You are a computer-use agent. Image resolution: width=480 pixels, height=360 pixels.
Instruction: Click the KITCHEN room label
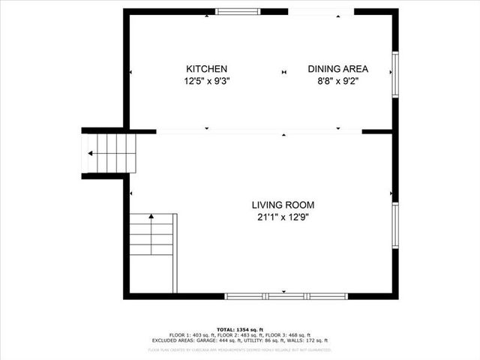point(206,69)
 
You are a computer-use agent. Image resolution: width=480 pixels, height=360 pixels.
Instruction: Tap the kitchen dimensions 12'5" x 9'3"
point(206,81)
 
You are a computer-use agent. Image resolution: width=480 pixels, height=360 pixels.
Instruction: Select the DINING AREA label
point(338,69)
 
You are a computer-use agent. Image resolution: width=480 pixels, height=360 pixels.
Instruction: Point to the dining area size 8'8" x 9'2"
point(338,81)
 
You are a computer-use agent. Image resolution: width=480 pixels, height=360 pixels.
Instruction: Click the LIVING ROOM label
point(283,205)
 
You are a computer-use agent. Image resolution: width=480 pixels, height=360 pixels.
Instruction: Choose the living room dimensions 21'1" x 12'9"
point(283,217)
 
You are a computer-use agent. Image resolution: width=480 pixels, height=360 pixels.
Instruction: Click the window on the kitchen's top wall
point(238,11)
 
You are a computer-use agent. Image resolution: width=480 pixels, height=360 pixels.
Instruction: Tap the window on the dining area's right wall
point(394,74)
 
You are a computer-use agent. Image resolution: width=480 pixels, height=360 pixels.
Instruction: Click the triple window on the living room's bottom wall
point(286,296)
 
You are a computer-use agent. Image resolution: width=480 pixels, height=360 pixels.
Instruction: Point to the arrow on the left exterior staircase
point(91,153)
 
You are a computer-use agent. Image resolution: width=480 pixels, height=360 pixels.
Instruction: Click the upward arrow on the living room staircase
point(151,217)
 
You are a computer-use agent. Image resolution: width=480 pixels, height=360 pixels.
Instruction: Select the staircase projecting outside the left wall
point(109,153)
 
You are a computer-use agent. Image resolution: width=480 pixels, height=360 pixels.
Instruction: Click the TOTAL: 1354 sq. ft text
point(240,328)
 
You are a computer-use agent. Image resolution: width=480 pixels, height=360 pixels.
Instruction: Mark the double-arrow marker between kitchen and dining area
point(284,72)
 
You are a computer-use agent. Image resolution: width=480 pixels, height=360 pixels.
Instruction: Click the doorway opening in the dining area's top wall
point(321,11)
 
